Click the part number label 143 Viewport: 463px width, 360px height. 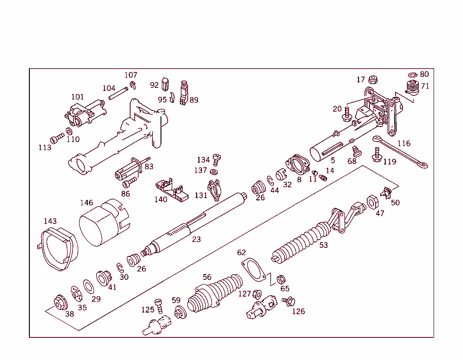[50, 221]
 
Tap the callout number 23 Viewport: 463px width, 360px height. [196, 239]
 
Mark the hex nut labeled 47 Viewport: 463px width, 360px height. [372, 202]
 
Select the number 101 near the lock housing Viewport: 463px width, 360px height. [77, 97]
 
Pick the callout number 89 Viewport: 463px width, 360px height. [194, 100]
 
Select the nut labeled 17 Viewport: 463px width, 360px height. [373, 80]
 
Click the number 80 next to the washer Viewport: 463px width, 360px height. [424, 74]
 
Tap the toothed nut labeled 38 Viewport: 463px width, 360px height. [60, 301]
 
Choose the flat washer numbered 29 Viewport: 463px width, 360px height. [88, 286]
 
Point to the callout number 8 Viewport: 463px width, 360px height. [299, 180]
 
